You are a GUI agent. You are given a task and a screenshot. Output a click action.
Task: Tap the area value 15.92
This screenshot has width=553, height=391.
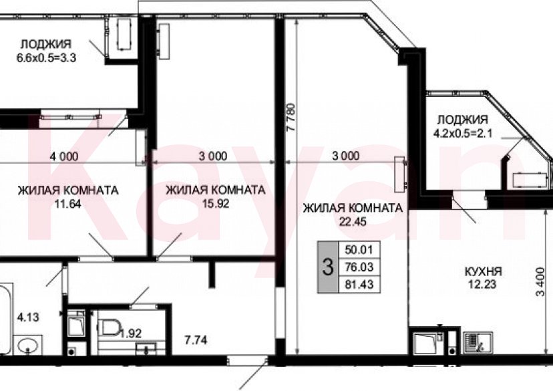(x=214, y=205)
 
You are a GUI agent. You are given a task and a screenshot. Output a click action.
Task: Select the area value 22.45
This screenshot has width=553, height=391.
(x=353, y=222)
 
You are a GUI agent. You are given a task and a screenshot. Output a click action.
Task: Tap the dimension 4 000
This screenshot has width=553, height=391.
(x=64, y=156)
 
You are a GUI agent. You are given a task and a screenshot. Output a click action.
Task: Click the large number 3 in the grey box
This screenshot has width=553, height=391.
(x=327, y=268)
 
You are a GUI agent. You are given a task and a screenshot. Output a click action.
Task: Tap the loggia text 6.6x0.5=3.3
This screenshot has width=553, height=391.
(x=46, y=57)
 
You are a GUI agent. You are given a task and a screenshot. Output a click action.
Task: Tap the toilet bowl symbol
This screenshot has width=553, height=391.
(x=108, y=327)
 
